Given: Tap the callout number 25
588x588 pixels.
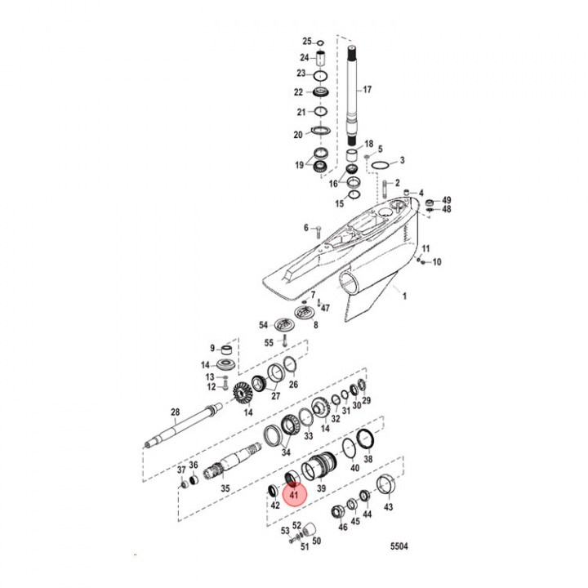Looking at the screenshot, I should [307, 41].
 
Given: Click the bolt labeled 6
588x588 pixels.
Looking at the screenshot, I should [319, 228].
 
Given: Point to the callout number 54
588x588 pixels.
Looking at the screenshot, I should [264, 325].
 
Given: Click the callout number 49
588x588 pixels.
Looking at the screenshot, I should [447, 200].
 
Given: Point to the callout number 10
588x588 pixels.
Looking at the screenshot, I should [436, 262].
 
